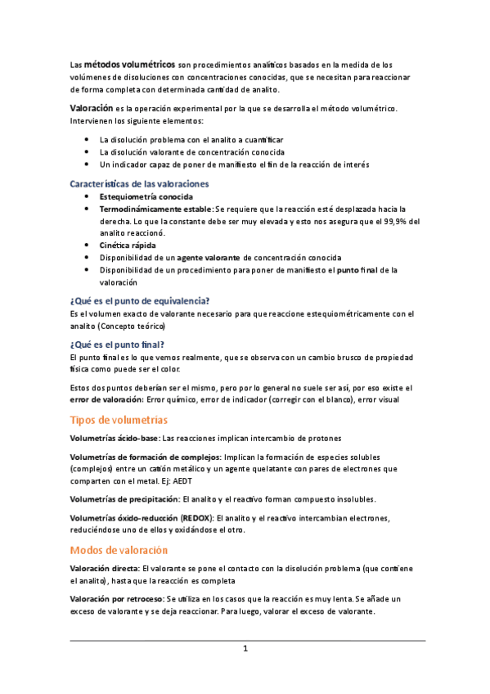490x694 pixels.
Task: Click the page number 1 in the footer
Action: click(245, 649)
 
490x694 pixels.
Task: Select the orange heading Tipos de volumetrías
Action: click(119, 420)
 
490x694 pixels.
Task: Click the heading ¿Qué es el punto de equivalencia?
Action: click(140, 300)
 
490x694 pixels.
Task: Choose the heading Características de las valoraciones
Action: click(139, 183)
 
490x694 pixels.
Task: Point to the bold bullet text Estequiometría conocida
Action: click(146, 197)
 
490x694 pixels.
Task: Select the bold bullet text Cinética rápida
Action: click(127, 245)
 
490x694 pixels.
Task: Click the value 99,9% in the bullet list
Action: click(395, 221)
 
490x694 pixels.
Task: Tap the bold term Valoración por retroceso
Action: click(115, 599)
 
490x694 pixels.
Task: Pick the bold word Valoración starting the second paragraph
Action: click(92, 108)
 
